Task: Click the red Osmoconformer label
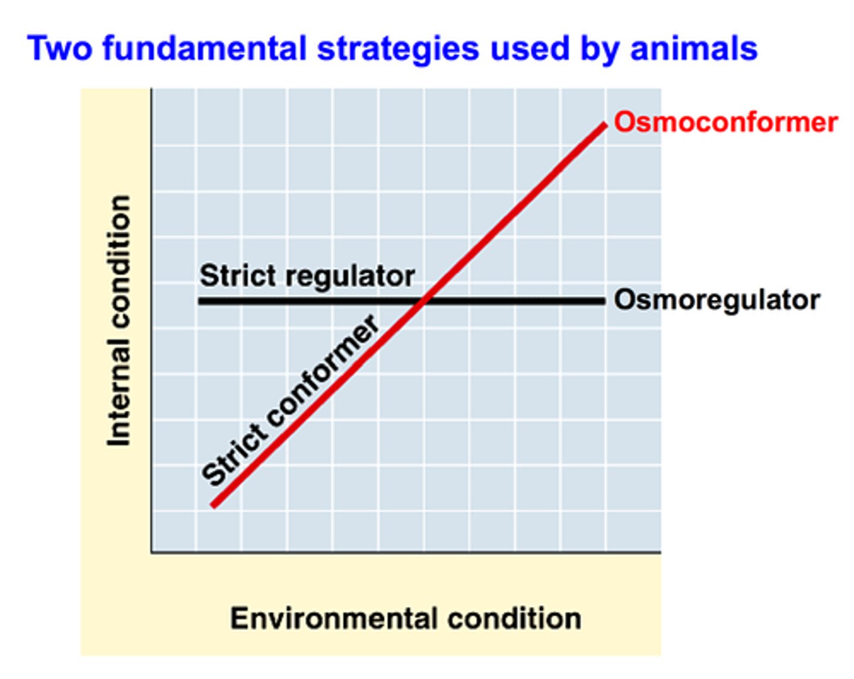click(725, 123)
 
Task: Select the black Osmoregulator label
click(716, 300)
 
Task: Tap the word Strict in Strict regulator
click(230, 276)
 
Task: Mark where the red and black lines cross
click(423, 301)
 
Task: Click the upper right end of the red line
click(604, 126)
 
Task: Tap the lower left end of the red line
click(214, 505)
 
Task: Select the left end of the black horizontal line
click(200, 301)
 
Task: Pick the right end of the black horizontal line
click(603, 301)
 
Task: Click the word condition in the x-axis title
click(514, 619)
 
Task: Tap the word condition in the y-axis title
click(119, 261)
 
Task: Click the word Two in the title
click(59, 49)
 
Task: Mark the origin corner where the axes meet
click(152, 552)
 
